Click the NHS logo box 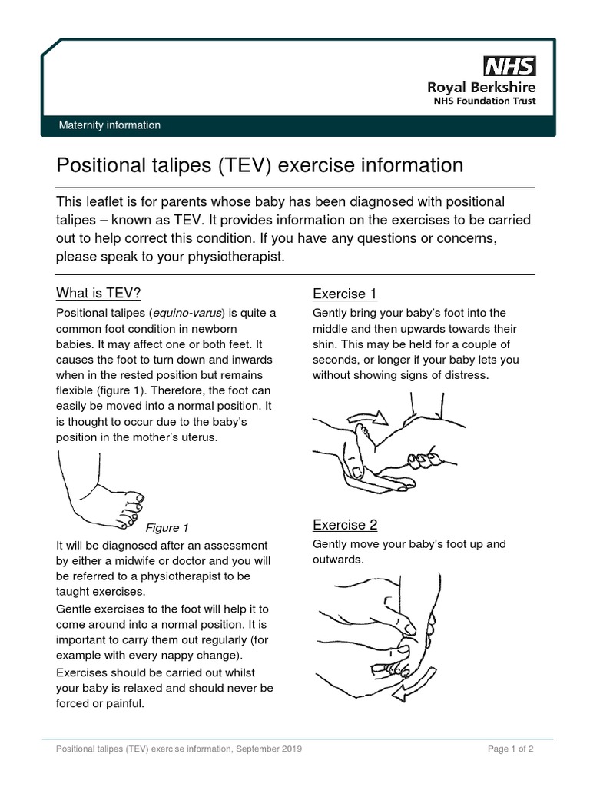(x=509, y=65)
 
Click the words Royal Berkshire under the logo (x=482, y=87)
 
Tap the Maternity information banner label (x=111, y=125)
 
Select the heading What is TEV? (x=98, y=293)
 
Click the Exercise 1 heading (x=344, y=294)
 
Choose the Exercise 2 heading (x=344, y=525)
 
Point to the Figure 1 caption (x=167, y=528)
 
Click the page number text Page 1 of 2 (x=510, y=749)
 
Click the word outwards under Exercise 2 (x=337, y=560)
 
